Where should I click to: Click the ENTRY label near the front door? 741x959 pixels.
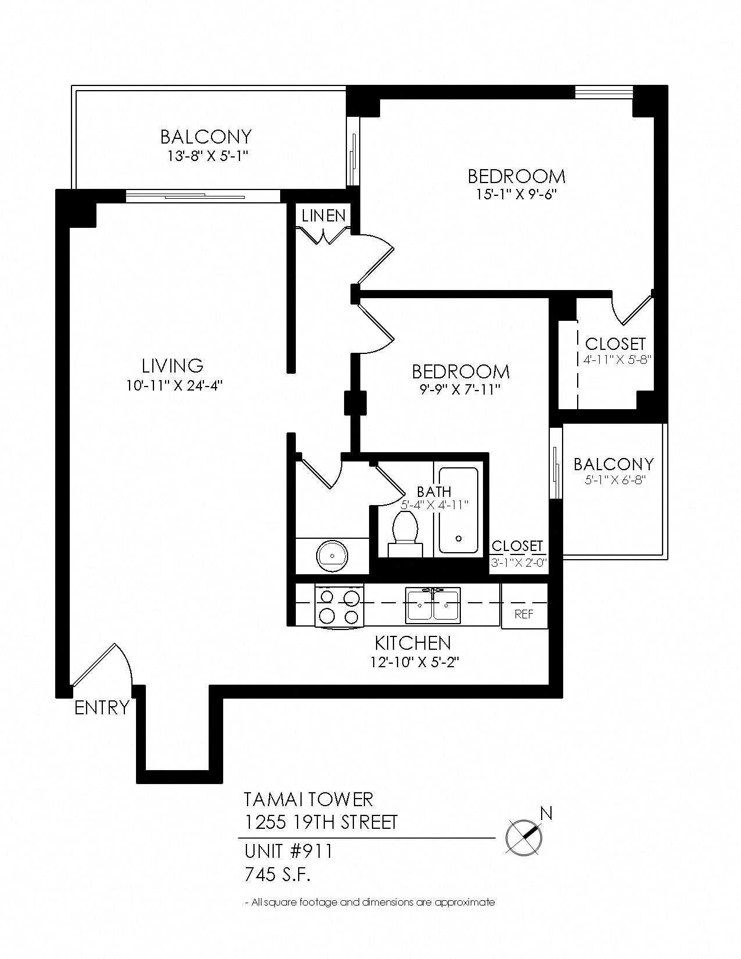pyautogui.click(x=102, y=708)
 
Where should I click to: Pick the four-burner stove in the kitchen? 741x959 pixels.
pyautogui.click(x=339, y=606)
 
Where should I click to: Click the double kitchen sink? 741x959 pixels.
pyautogui.click(x=434, y=604)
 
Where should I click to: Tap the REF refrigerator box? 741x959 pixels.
pyautogui.click(x=524, y=614)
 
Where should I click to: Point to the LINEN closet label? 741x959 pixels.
pyautogui.click(x=324, y=216)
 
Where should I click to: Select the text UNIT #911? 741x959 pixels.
pyautogui.click(x=288, y=851)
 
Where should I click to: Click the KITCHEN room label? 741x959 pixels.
pyautogui.click(x=413, y=643)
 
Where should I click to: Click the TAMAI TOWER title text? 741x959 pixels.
pyautogui.click(x=308, y=799)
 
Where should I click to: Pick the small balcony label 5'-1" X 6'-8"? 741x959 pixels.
pyautogui.click(x=614, y=481)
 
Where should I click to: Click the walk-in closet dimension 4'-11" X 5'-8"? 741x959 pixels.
pyautogui.click(x=616, y=359)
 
